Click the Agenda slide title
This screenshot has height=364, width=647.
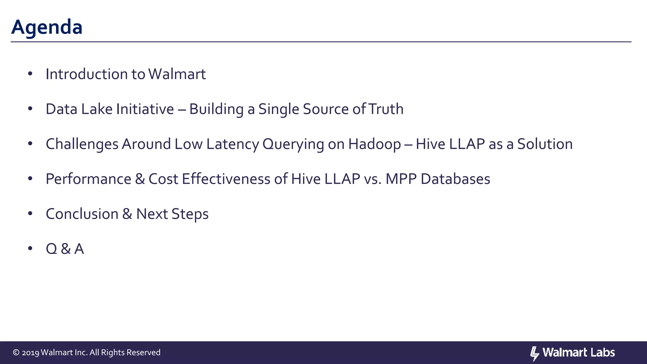click(47, 27)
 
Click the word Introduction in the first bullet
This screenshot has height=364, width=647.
click(86, 74)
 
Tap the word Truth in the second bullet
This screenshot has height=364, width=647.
click(386, 109)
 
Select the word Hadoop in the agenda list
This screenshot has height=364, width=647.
click(374, 144)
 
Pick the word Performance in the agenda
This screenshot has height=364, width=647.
click(88, 179)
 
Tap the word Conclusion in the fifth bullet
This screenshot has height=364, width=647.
click(82, 214)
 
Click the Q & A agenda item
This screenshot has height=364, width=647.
click(65, 249)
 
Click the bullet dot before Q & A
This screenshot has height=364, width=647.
click(30, 249)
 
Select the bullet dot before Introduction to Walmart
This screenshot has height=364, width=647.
click(30, 74)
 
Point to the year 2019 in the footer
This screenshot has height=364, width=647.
click(30, 353)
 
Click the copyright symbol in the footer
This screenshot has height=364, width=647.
click(16, 353)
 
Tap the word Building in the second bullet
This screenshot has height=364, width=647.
click(216, 109)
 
